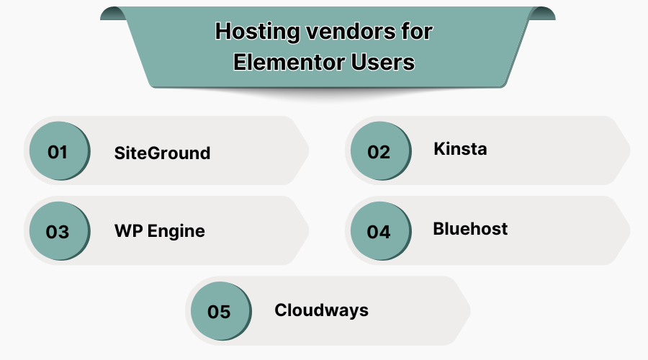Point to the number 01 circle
58,152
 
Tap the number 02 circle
379,152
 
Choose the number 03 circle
58,232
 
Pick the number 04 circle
379,232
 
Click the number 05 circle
219,312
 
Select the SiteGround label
162,153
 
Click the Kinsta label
460,149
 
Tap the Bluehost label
470,229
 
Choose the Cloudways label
321,310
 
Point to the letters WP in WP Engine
126,232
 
